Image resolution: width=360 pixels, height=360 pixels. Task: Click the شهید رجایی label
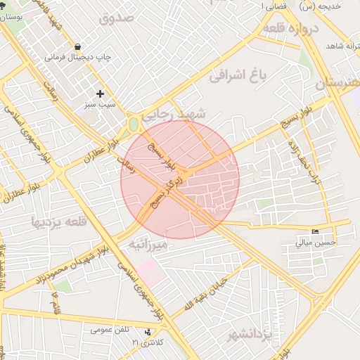point(174,115)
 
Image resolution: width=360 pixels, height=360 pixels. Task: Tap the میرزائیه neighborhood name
point(148,245)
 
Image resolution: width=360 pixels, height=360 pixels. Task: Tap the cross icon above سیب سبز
point(100,94)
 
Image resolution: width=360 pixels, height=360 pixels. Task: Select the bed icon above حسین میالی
point(315,231)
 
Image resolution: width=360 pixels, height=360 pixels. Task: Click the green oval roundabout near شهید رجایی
point(133,125)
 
